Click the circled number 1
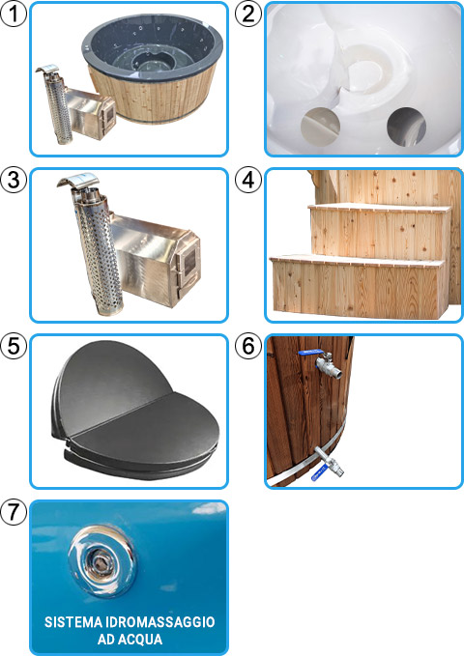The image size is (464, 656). (14, 14)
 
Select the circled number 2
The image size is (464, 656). (248, 14)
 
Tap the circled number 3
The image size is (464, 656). (14, 182)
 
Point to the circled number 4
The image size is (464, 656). (248, 182)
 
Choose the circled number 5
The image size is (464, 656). (14, 348)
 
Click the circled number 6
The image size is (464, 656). (248, 348)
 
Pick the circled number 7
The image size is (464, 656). (14, 514)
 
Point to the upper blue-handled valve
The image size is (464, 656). (325, 363)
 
